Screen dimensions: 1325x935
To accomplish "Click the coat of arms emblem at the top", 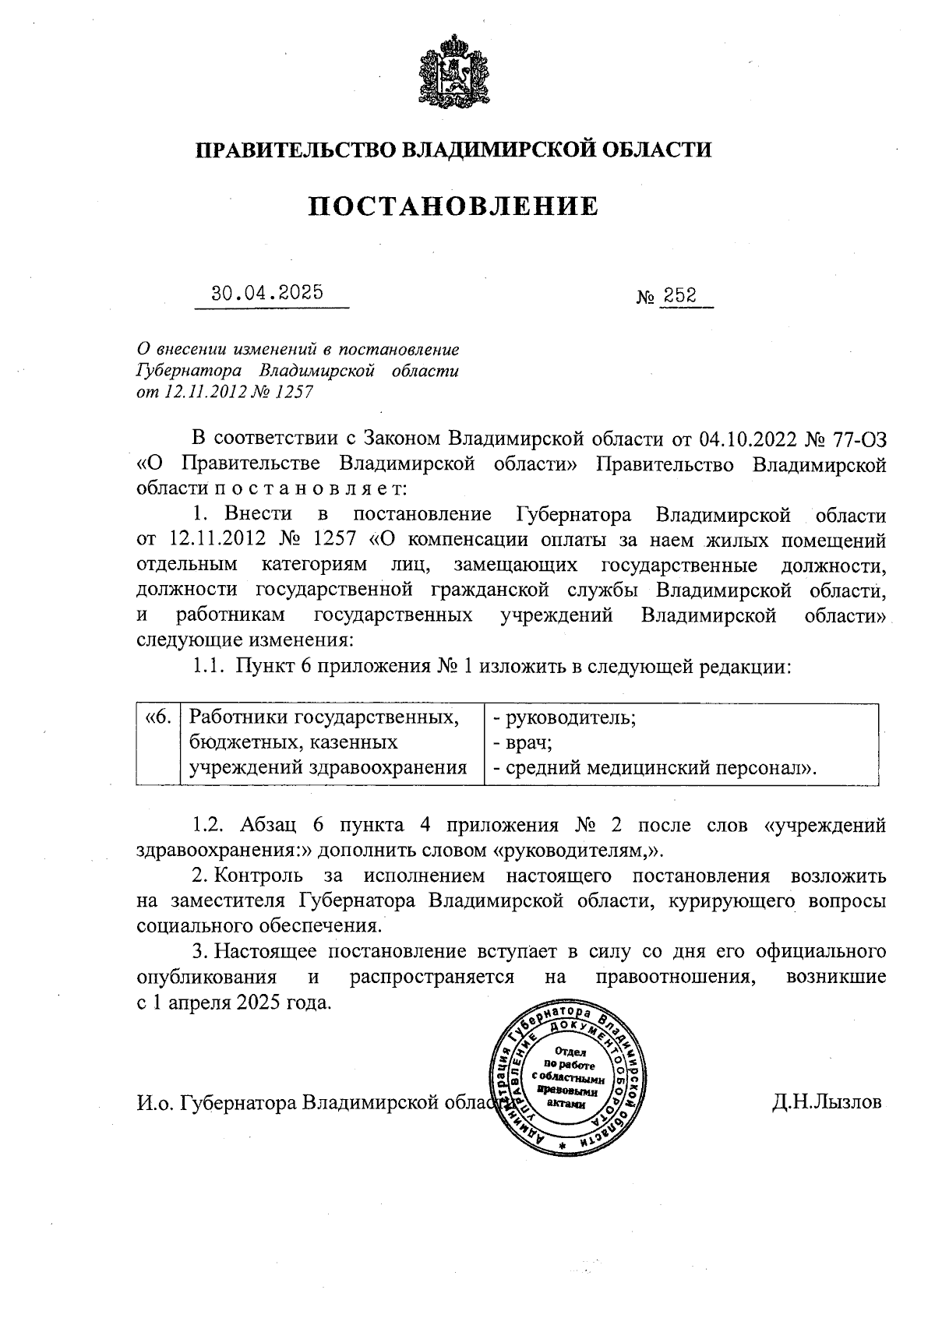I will [453, 73].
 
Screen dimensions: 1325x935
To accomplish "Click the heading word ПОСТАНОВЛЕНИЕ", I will [454, 206].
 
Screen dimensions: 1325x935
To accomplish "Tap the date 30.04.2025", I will [267, 294].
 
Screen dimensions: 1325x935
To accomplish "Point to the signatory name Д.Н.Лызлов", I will [827, 1103].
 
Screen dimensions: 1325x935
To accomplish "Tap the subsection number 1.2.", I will [208, 824].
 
